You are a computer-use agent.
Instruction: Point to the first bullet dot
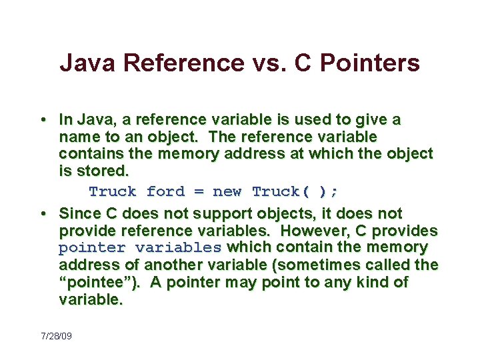pos(42,120)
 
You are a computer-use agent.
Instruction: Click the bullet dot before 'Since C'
pos(42,213)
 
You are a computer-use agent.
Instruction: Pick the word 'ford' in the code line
pos(165,192)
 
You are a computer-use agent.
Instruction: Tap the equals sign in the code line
pos(199,192)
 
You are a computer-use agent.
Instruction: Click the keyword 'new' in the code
pos(227,192)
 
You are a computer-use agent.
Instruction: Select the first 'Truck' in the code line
pos(113,192)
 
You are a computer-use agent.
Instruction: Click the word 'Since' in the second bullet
pos(79,213)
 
